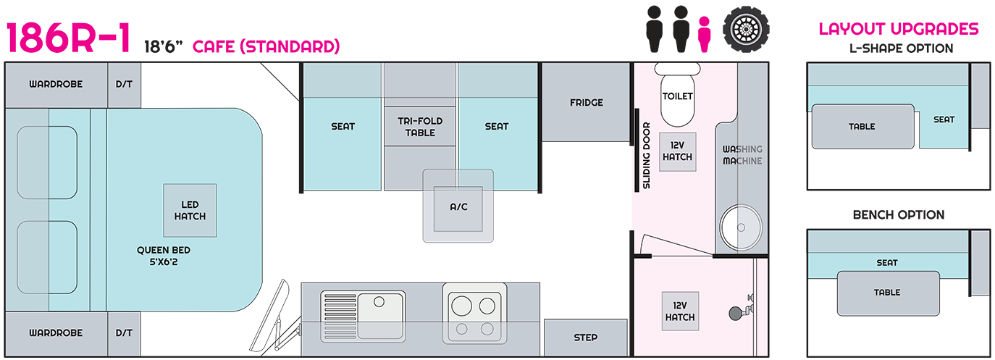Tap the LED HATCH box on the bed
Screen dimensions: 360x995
[x=190, y=210]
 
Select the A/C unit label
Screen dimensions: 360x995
[x=458, y=206]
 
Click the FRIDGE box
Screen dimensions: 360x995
[x=586, y=102]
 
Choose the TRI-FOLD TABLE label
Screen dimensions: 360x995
[x=420, y=127]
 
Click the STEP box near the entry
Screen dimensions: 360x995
[x=585, y=337]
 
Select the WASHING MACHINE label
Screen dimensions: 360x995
[x=742, y=155]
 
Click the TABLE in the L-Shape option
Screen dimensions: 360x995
[x=862, y=127]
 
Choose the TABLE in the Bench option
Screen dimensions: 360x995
[x=887, y=293]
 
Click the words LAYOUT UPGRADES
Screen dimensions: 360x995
[x=899, y=30]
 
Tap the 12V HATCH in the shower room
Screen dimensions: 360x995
[x=679, y=311]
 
